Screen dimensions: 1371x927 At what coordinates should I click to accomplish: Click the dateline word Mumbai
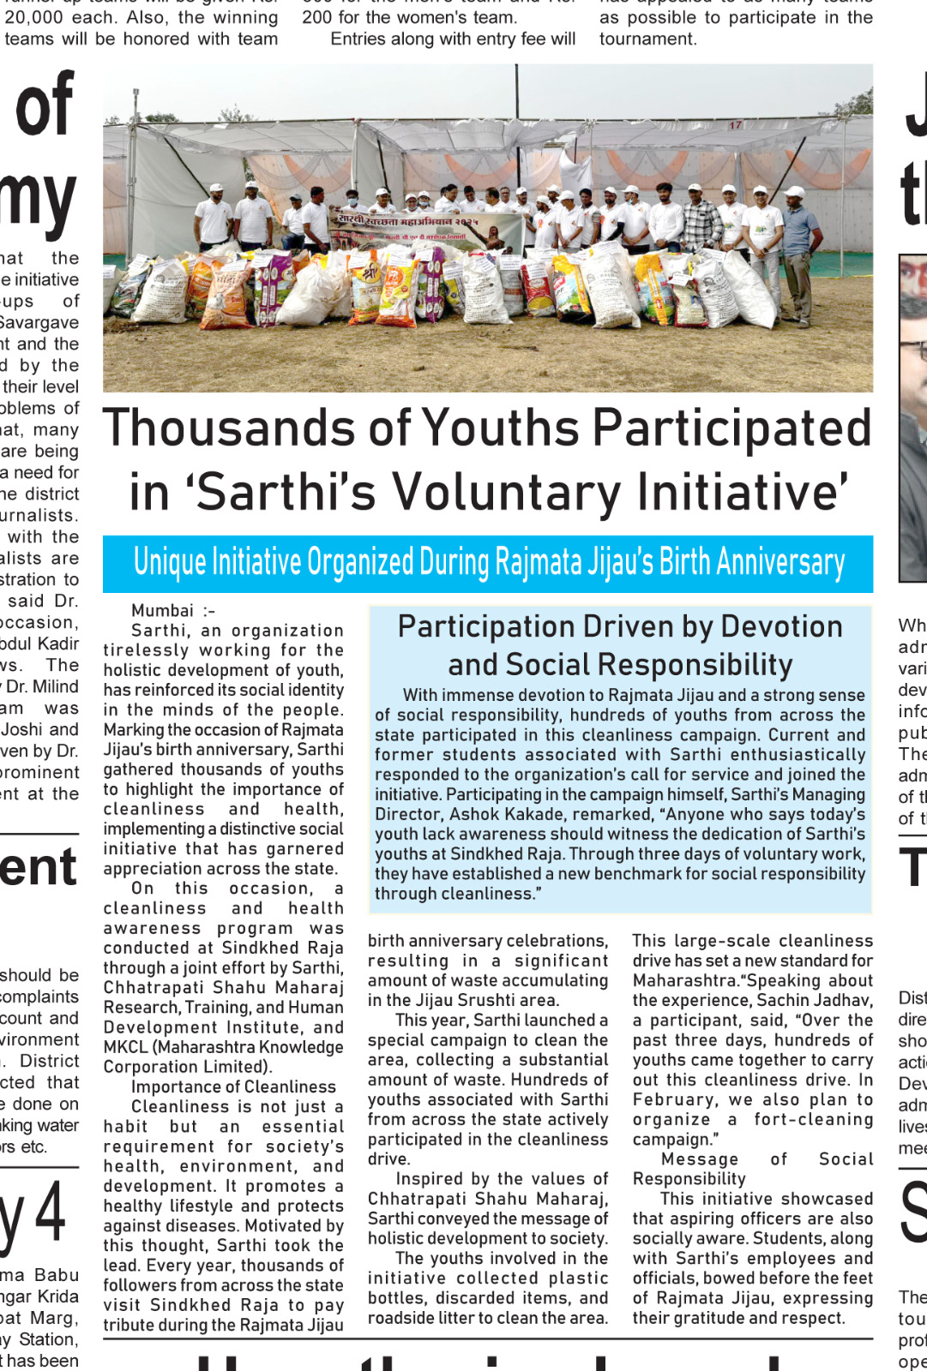tap(162, 610)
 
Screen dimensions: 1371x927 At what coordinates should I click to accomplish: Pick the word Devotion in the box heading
tap(781, 626)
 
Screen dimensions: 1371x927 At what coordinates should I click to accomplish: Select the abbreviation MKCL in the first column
tap(125, 1047)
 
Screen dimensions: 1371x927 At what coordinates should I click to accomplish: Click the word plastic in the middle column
tap(578, 1278)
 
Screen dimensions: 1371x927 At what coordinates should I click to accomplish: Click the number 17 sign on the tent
tap(735, 125)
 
